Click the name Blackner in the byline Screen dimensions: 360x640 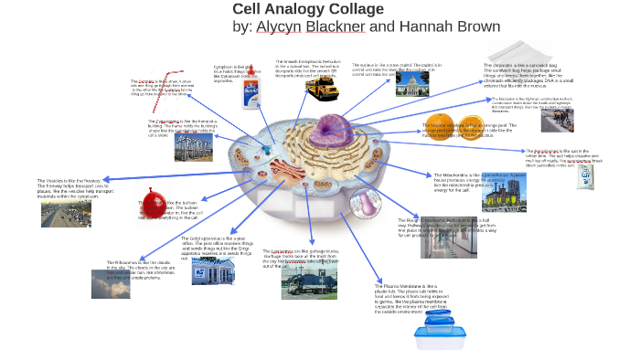(x=335, y=26)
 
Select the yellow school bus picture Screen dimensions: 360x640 (x=321, y=89)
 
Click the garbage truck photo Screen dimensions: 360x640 (x=308, y=281)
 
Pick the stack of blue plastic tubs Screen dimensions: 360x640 (x=434, y=331)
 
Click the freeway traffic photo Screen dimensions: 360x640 (x=66, y=215)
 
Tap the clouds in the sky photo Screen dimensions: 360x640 (x=111, y=284)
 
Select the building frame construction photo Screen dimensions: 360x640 (x=193, y=147)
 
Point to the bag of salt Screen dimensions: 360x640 (x=585, y=176)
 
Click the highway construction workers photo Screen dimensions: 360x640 (x=557, y=120)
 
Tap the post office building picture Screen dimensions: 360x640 (x=212, y=271)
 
